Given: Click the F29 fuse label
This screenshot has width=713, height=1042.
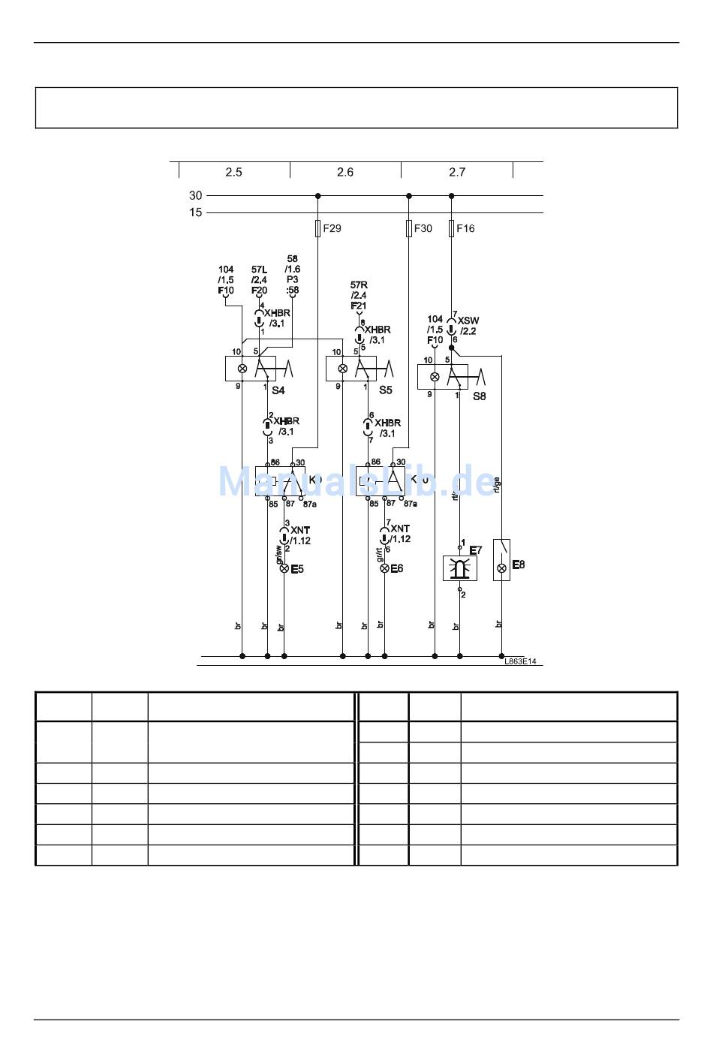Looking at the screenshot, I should [x=332, y=228].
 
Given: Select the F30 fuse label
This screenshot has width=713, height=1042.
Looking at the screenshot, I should [x=423, y=228].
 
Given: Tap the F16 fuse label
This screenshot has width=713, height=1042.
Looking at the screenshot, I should [x=465, y=228].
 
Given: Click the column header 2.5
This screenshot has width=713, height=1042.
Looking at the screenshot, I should [x=233, y=172].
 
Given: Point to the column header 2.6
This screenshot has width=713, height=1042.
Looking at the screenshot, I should [x=345, y=172].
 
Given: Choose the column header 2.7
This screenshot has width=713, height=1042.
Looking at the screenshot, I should [x=457, y=172].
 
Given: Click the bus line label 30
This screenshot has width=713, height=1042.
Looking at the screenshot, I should [x=195, y=195].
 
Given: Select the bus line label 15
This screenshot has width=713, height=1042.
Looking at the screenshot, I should [x=195, y=212].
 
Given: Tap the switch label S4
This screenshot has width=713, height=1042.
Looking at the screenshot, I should [x=278, y=390].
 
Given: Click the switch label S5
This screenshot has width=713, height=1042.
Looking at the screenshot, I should [x=385, y=390].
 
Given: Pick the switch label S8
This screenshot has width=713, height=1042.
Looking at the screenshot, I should [x=479, y=396].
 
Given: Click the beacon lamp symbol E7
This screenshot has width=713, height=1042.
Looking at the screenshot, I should [x=460, y=568].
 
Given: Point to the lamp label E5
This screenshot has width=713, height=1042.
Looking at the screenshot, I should [x=297, y=569].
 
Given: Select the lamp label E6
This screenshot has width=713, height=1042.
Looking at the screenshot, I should [x=397, y=568].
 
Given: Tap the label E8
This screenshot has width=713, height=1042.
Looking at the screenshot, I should [x=518, y=565].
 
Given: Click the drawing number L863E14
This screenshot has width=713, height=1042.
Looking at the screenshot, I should [x=521, y=661].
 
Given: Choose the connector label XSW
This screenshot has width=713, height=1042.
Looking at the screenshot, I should [x=468, y=321].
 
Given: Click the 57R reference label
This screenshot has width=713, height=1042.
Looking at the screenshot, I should [x=359, y=285].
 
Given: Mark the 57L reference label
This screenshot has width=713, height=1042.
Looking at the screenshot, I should [x=259, y=270].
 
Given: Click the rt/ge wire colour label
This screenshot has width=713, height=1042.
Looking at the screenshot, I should [x=496, y=486].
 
